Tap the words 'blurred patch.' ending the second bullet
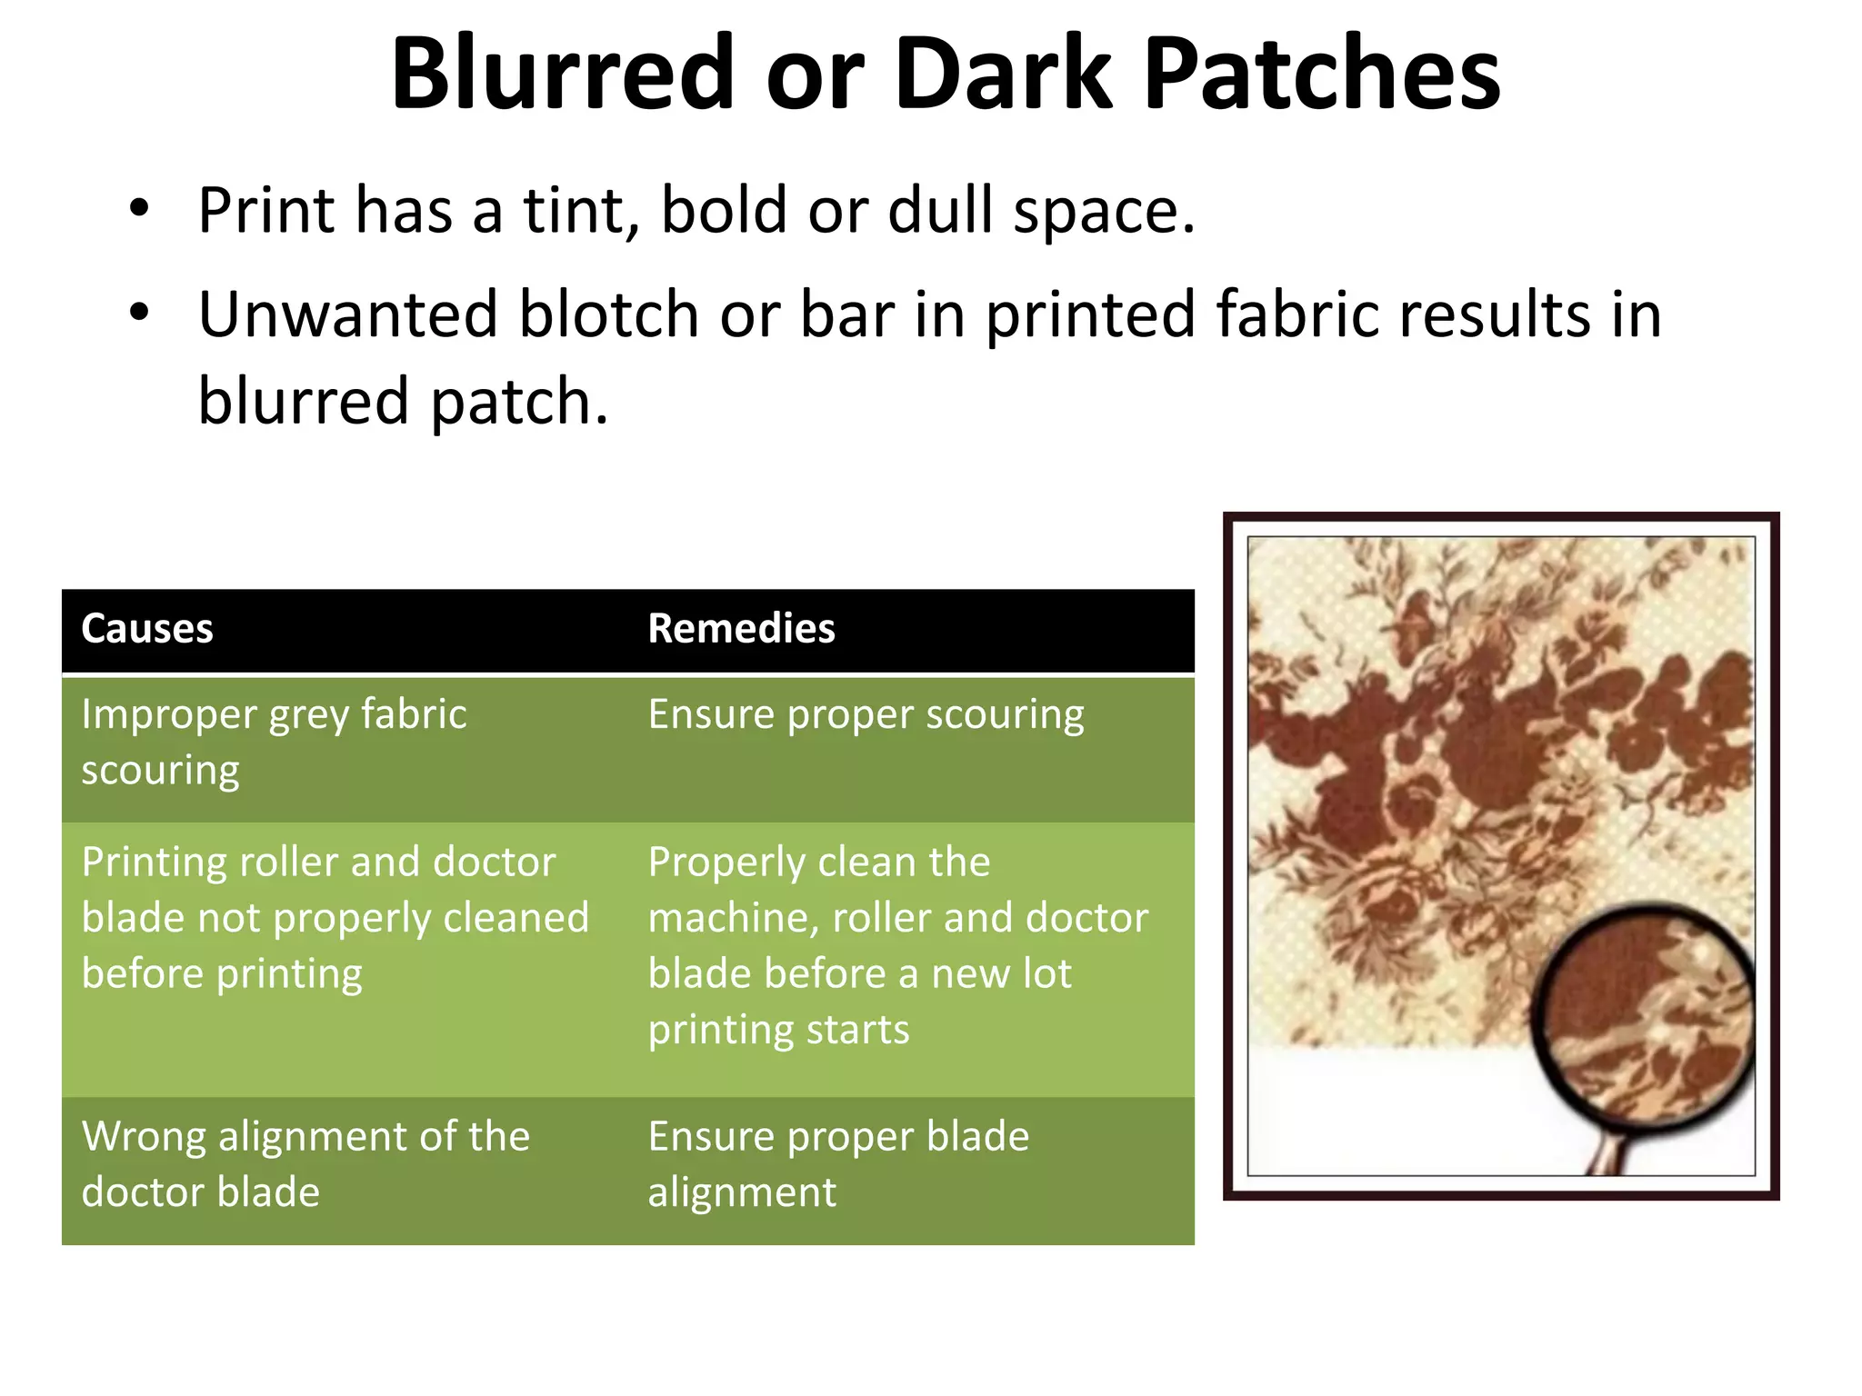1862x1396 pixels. tap(403, 401)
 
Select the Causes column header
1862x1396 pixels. tap(147, 629)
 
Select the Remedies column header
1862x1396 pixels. tap(741, 629)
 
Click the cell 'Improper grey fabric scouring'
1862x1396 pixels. tap(273, 742)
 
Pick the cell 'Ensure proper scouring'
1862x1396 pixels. tap(866, 715)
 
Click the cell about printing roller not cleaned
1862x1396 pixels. tap(335, 918)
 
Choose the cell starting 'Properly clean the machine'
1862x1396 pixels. tap(897, 945)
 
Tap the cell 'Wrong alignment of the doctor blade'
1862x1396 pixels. tap(305, 1164)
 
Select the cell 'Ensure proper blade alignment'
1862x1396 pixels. tap(837, 1164)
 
